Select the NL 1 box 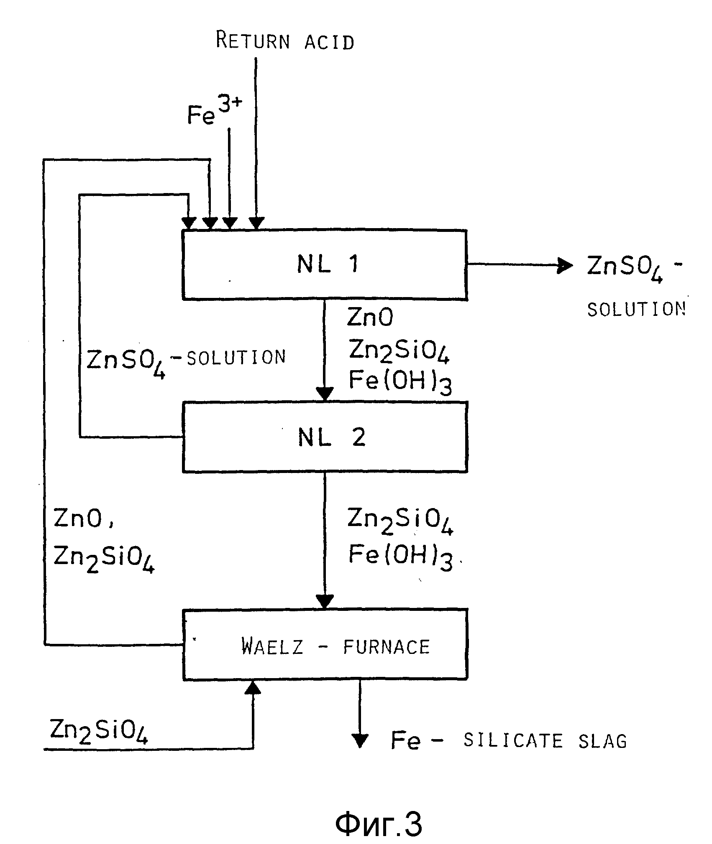coord(325,264)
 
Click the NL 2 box coord(325,437)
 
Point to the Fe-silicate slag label coord(508,741)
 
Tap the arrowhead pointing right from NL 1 coord(566,265)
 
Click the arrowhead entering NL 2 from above coord(325,394)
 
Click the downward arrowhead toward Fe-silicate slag coord(360,740)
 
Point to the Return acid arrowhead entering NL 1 coord(256,223)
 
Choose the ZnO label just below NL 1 coord(370,318)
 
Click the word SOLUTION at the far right coord(636,310)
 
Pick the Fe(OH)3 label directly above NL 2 coord(400,382)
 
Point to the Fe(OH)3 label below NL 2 coord(401,557)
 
